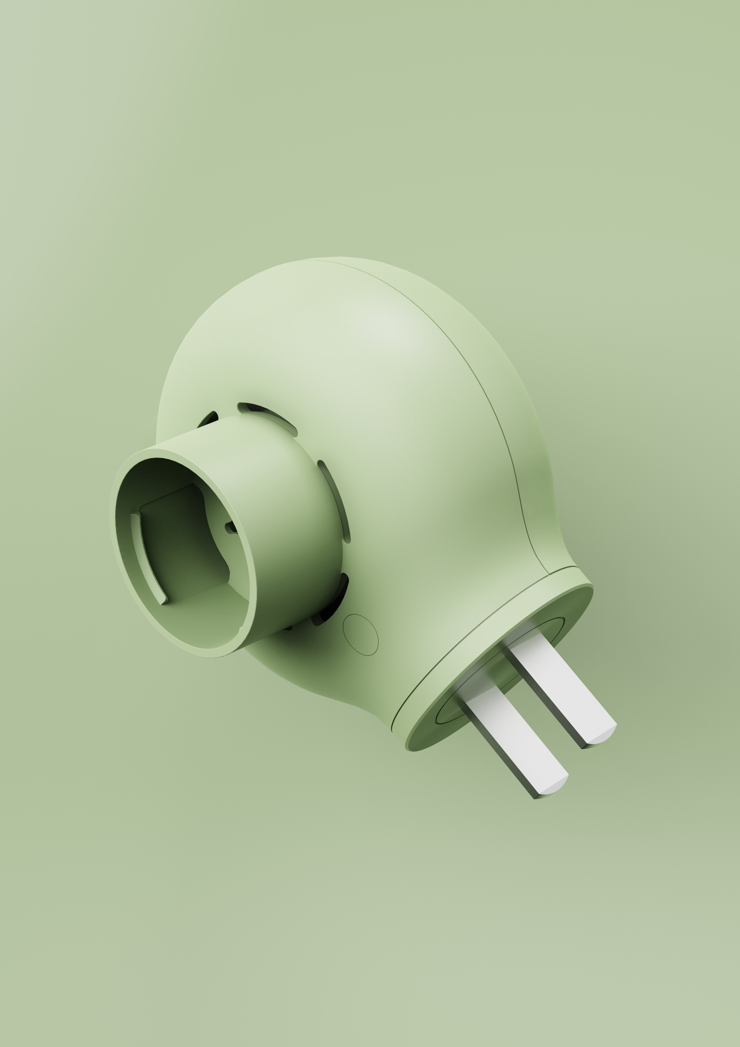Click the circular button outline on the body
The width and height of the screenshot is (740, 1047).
(x=360, y=635)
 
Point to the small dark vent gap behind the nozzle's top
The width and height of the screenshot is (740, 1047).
(x=210, y=419)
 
